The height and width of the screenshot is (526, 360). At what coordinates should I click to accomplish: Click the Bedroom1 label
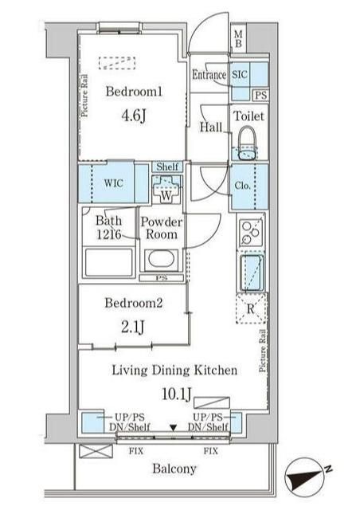coord(134,91)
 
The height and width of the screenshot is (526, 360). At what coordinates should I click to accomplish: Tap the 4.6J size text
coord(134,116)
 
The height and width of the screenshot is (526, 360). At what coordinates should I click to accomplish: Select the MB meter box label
coord(238,39)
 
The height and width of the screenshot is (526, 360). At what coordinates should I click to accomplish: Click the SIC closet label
coord(240,74)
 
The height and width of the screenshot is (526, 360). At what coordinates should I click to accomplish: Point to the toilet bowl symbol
coord(248,143)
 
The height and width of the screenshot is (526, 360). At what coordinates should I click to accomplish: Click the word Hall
coord(211,128)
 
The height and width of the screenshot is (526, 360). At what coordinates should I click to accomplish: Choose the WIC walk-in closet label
coord(113,183)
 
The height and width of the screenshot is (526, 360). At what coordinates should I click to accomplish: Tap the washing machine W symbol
coord(166,189)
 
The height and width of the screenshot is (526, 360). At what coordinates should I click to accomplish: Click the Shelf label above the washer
coord(167,167)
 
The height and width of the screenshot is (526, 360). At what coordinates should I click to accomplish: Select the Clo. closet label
coord(242,185)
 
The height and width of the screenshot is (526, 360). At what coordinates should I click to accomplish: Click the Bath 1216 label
coord(108,227)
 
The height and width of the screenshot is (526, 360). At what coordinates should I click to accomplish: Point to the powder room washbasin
coord(161,261)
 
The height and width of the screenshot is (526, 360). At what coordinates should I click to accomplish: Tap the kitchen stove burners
coord(251,231)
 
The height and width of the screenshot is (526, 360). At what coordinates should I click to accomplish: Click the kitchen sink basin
coord(251,273)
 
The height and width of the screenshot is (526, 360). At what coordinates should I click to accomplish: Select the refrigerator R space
coord(251,308)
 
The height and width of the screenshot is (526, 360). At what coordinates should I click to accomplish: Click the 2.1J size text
coord(133,327)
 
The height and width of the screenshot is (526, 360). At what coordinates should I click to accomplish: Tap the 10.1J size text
coord(177,394)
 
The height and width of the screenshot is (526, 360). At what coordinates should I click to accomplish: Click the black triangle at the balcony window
coord(173,428)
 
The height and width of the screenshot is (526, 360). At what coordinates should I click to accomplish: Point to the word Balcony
coord(174,469)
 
